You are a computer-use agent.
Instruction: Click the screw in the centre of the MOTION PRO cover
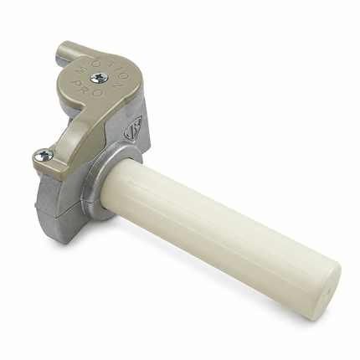pyautogui.click(x=100, y=77)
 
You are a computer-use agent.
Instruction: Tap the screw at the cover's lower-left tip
pyautogui.click(x=44, y=154)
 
